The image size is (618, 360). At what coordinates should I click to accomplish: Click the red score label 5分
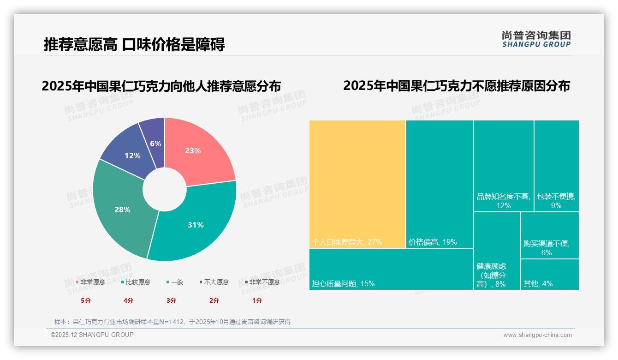[86, 300]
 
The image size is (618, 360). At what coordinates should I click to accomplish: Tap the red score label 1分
[257, 300]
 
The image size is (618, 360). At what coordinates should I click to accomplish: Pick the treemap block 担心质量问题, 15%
[391, 269]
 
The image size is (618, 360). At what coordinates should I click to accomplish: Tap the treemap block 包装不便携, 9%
[556, 166]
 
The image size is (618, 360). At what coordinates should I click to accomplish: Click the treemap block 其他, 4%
[550, 275]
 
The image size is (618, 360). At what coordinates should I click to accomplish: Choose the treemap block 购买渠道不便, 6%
[550, 235]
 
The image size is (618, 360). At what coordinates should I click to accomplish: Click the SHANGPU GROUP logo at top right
[536, 39]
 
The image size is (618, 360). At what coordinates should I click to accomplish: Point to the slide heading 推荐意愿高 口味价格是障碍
[134, 45]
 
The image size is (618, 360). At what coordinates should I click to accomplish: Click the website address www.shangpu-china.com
[537, 335]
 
